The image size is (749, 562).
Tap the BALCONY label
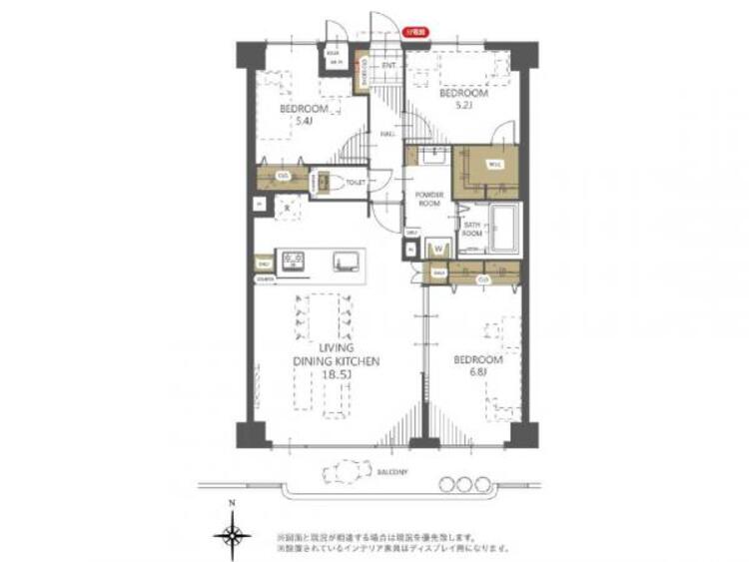pyautogui.click(x=391, y=471)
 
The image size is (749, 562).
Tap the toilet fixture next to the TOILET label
pyautogui.click(x=335, y=183)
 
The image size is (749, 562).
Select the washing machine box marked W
pyautogui.click(x=437, y=249)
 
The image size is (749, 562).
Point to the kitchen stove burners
pyautogui.click(x=294, y=261)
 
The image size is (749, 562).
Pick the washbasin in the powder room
pyautogui.click(x=433, y=158)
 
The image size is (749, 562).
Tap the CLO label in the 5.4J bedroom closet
pyautogui.click(x=284, y=177)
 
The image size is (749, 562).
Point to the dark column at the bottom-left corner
pyautogui.click(x=252, y=435)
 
